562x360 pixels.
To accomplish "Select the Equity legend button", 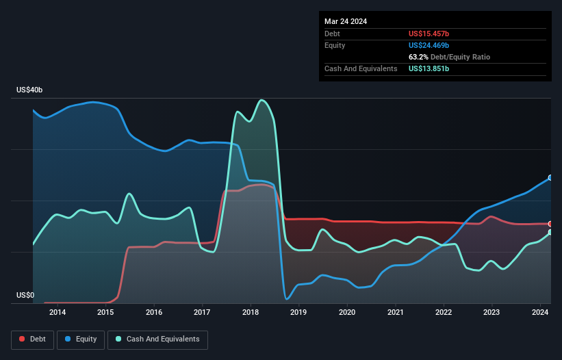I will (81, 339).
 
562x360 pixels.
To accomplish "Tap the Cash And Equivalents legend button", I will (157, 339).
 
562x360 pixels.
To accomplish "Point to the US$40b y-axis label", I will (29, 90).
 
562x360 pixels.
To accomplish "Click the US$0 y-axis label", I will (25, 296).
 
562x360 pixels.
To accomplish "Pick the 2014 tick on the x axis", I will (58, 313).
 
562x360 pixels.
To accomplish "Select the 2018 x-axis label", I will (251, 313).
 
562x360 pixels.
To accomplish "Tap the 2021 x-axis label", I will (395, 313).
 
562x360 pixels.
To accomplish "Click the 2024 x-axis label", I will (539, 313).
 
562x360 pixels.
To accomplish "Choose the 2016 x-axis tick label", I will (154, 313).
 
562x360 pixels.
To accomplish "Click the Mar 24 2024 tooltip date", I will (346, 21).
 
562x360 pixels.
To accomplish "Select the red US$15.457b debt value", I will (429, 34).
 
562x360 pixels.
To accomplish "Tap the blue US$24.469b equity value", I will (429, 45).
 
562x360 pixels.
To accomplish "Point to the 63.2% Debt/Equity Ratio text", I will (449, 57).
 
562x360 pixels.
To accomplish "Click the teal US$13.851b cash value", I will (429, 68).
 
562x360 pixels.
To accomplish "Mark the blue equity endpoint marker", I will (550, 177).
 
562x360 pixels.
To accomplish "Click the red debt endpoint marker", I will (550, 224).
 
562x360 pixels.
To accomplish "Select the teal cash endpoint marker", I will (550, 233).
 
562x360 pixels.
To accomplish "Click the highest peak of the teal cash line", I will (261, 100).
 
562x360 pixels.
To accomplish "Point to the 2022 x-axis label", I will (444, 313).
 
